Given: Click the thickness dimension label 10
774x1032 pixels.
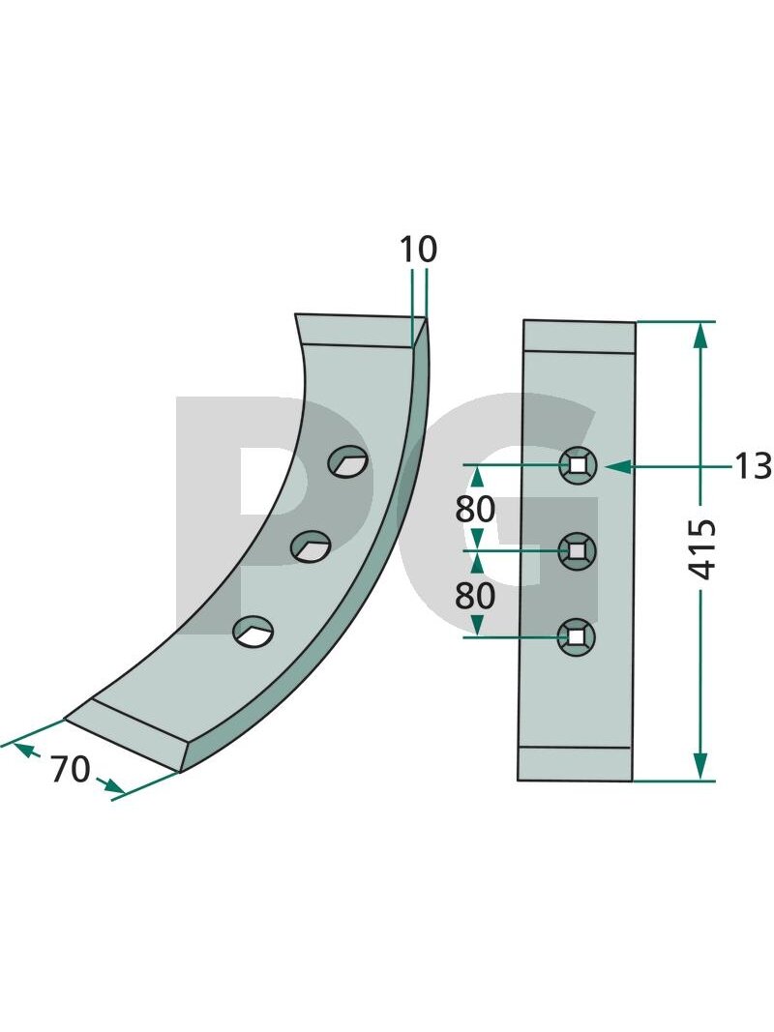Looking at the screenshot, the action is coord(417,250).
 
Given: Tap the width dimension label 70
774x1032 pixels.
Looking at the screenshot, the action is coord(71,769).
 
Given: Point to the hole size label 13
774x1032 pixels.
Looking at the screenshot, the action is coord(753,466).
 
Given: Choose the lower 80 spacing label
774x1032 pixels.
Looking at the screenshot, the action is coord(475,596).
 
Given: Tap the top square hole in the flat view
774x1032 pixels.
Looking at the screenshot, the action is coord(578,465).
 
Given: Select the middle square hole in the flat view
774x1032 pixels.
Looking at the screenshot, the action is coord(577,549).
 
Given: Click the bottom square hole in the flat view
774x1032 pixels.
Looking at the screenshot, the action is coord(577,636).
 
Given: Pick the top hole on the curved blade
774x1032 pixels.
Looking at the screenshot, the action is coord(348,462).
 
